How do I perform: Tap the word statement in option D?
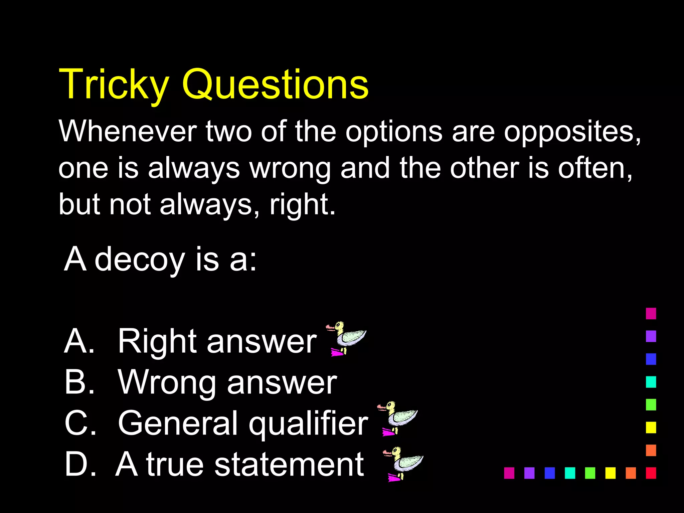(289, 464)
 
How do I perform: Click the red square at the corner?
(651, 473)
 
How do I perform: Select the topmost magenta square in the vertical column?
(651, 314)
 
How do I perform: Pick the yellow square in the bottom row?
(610, 473)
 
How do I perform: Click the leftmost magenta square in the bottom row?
(509, 473)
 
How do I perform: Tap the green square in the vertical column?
(651, 405)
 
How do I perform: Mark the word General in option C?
(177, 423)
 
